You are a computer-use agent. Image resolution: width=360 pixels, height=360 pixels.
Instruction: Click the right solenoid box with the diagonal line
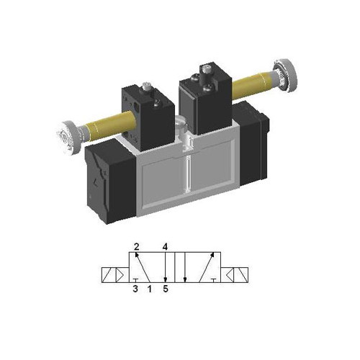(246, 274)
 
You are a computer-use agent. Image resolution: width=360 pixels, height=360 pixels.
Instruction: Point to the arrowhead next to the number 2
(137, 256)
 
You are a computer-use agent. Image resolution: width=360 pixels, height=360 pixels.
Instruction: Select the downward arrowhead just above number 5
(166, 280)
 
